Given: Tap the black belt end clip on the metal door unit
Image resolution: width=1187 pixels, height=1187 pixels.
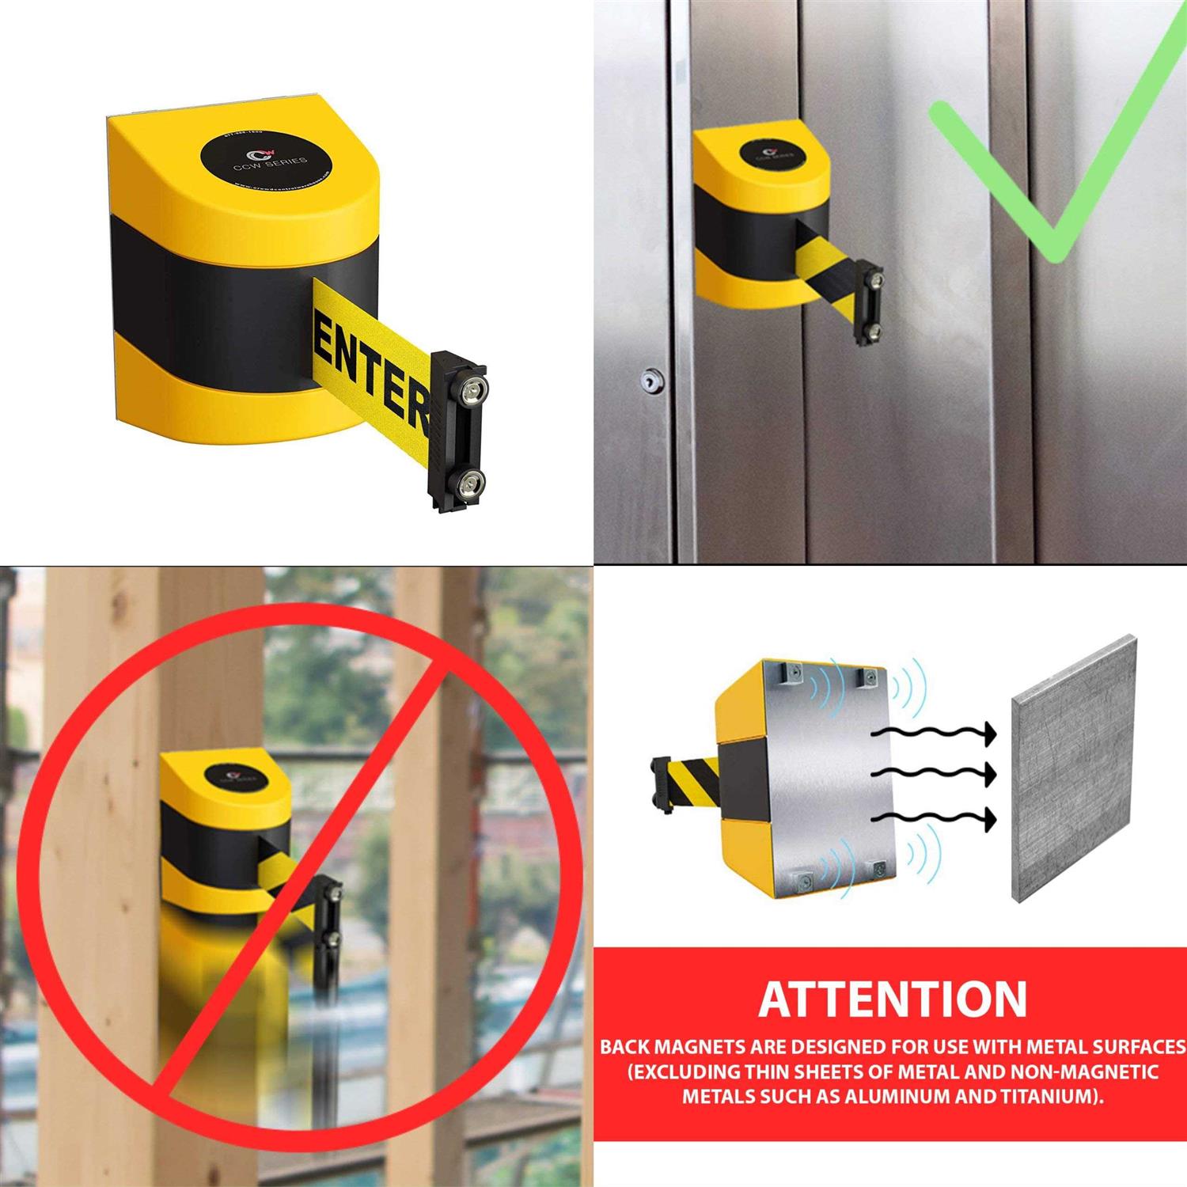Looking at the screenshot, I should tap(871, 302).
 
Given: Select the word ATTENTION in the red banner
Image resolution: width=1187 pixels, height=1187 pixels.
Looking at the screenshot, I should tap(892, 999).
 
